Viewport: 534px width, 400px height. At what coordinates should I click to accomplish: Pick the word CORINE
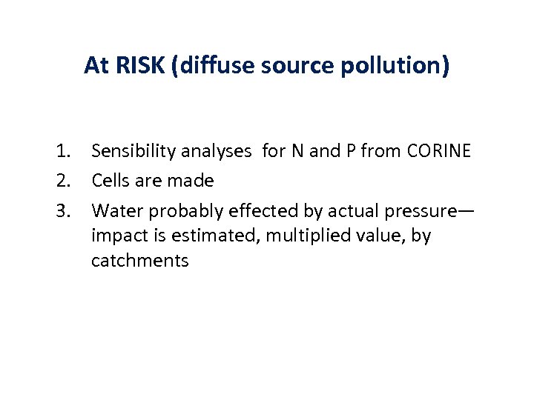click(439, 151)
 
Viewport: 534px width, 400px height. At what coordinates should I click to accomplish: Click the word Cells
click(110, 181)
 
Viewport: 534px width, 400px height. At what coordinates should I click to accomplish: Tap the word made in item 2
click(194, 181)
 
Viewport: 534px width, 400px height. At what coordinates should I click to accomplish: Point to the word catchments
click(139, 261)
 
